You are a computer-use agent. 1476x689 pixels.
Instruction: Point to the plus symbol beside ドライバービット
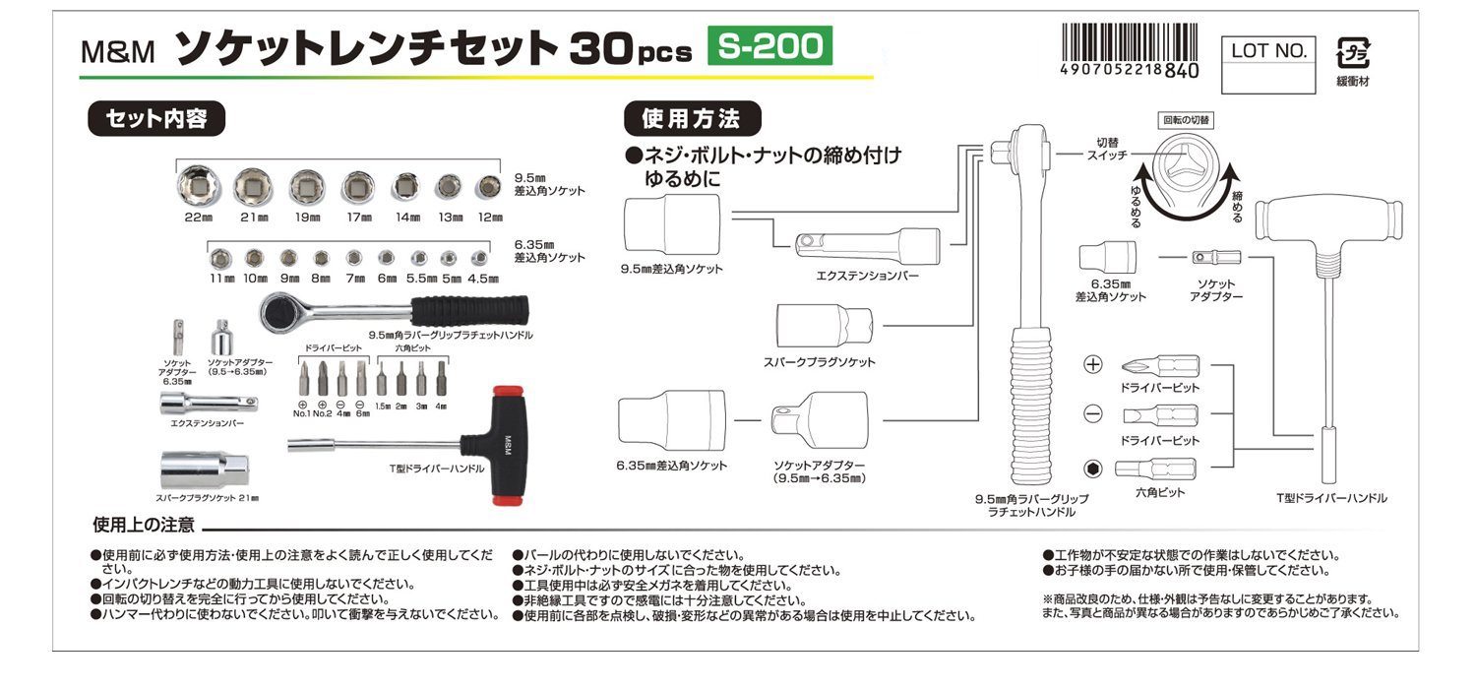pos(1092,365)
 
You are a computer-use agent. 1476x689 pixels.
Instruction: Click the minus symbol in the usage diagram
pos(1092,414)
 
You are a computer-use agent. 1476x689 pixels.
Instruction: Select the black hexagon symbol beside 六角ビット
pos(1092,468)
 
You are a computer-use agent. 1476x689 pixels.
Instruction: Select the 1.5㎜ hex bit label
pos(384,406)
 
